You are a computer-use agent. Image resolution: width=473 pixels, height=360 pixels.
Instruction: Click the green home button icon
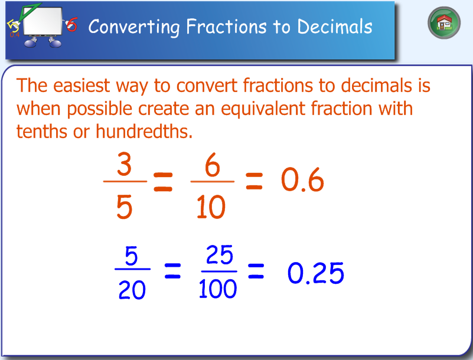(x=444, y=24)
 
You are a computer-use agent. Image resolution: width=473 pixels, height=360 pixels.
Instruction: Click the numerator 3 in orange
(x=124, y=166)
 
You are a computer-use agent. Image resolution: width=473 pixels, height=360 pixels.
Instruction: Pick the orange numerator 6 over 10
(x=213, y=166)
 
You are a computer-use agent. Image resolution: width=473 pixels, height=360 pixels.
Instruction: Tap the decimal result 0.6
(x=302, y=181)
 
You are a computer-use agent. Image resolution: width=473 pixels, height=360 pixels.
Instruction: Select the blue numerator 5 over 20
(x=131, y=256)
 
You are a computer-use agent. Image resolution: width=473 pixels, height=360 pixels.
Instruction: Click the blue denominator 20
(x=132, y=290)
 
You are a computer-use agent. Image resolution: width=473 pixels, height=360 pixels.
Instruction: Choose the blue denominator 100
(x=218, y=290)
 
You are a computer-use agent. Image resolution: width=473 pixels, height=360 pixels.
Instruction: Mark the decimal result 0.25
(x=315, y=274)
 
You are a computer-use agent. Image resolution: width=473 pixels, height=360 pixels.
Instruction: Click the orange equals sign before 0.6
(x=253, y=182)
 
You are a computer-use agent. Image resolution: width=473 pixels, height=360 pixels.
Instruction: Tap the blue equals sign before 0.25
(x=255, y=272)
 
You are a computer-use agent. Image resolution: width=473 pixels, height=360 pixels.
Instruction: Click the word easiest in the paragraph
(x=81, y=86)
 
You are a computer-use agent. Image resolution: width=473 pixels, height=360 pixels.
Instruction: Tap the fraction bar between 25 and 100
(x=218, y=271)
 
